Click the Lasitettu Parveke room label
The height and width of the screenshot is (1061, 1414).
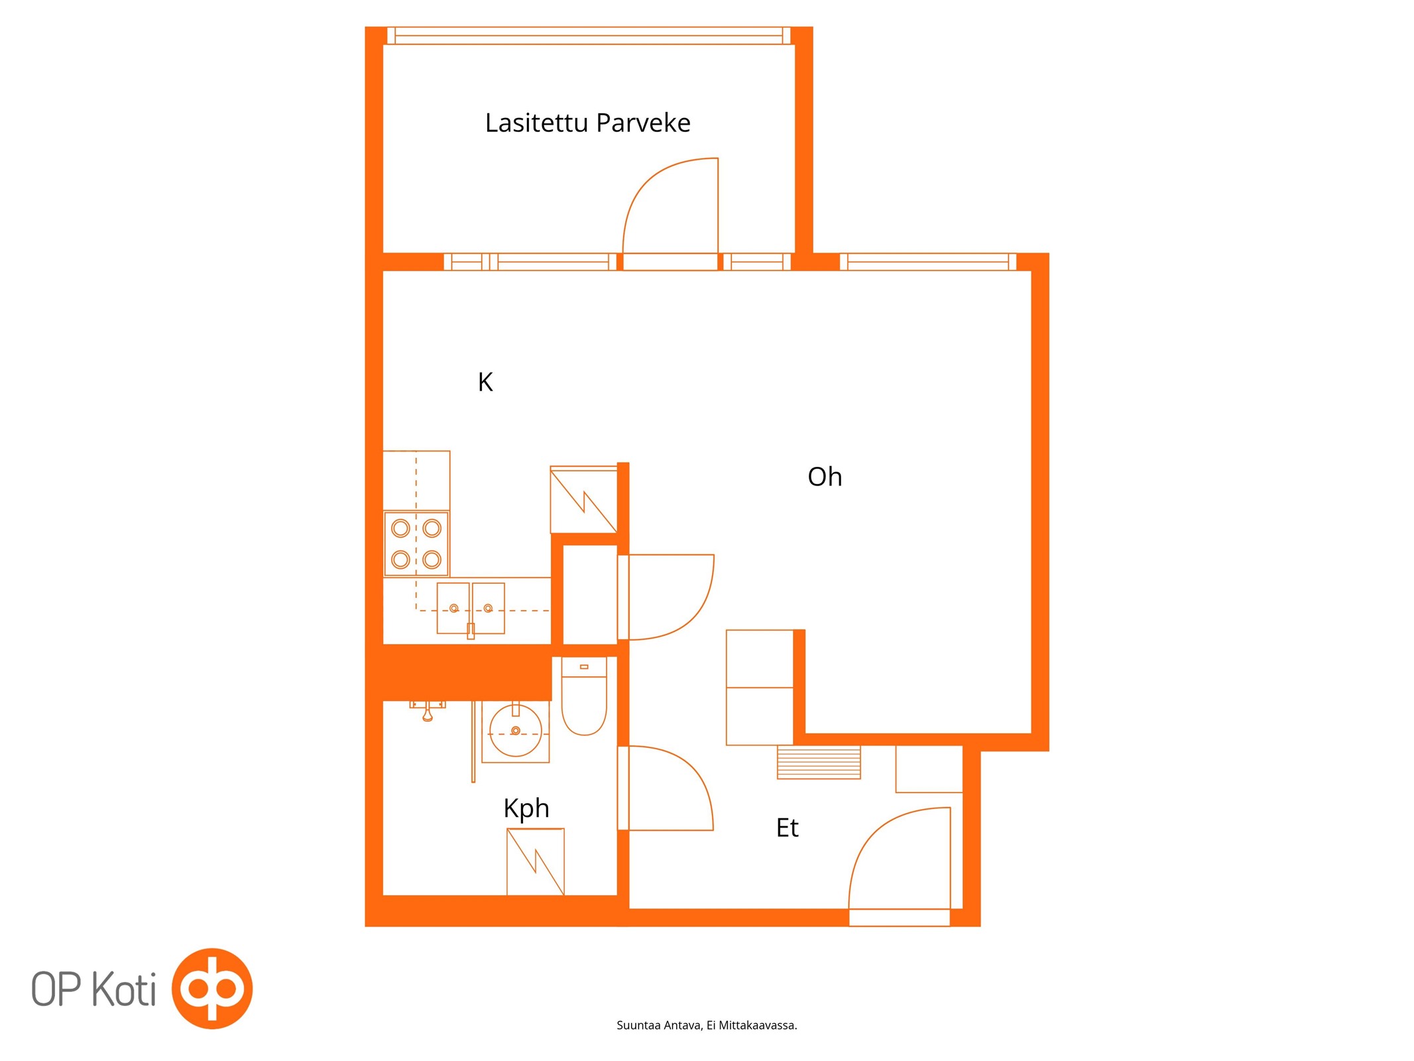[587, 123]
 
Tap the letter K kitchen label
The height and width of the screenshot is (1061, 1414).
[485, 382]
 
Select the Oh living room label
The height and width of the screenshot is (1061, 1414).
[825, 477]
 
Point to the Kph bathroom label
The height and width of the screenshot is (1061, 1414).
[526, 809]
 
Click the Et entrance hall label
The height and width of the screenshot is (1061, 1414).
[788, 828]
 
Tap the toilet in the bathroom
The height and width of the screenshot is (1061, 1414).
[584, 696]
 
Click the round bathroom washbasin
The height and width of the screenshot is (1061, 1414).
[515, 731]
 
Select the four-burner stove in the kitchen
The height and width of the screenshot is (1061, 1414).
[416, 544]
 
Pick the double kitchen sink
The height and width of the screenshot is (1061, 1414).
[471, 608]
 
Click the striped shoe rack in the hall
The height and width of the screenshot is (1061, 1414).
[819, 762]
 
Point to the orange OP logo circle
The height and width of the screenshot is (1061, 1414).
[212, 989]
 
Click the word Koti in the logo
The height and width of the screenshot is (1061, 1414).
[124, 989]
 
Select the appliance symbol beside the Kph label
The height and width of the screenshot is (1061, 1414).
[536, 862]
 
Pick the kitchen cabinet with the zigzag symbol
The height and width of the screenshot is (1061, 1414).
[583, 500]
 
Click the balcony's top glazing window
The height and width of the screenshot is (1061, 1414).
[589, 36]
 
